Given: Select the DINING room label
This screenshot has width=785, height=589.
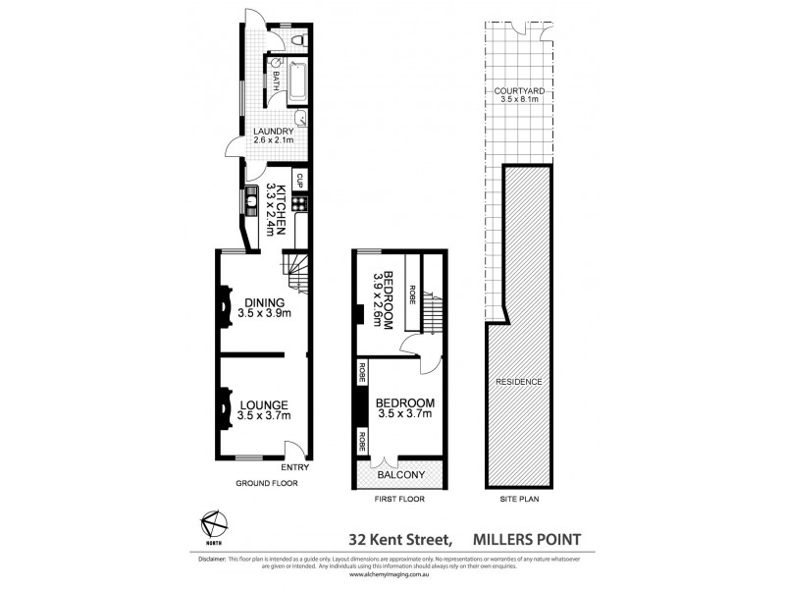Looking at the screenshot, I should click(264, 302).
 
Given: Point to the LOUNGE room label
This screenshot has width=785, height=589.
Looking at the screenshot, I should click(263, 403).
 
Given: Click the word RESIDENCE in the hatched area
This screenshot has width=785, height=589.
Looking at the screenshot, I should click(519, 381).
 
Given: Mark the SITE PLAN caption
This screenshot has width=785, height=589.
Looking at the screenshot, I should click(519, 499).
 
